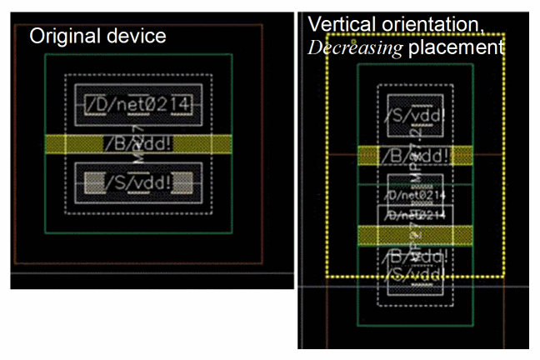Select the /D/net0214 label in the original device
tap(139, 105)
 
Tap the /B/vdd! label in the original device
tap(139, 143)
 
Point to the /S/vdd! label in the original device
tap(139, 181)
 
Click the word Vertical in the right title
tap(338, 23)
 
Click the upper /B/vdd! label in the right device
tap(415, 156)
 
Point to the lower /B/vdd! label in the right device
tap(415, 256)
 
